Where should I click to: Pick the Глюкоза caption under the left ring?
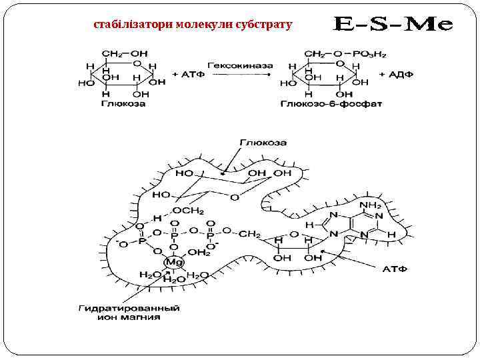tap(123, 105)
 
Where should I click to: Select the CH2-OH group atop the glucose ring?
tap(125, 53)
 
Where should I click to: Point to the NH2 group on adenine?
tap(370, 204)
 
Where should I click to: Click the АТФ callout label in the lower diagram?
tap(394, 269)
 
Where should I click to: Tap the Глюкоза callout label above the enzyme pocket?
tap(263, 143)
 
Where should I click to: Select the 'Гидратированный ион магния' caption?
tap(129, 313)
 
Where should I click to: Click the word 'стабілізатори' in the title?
tap(133, 25)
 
